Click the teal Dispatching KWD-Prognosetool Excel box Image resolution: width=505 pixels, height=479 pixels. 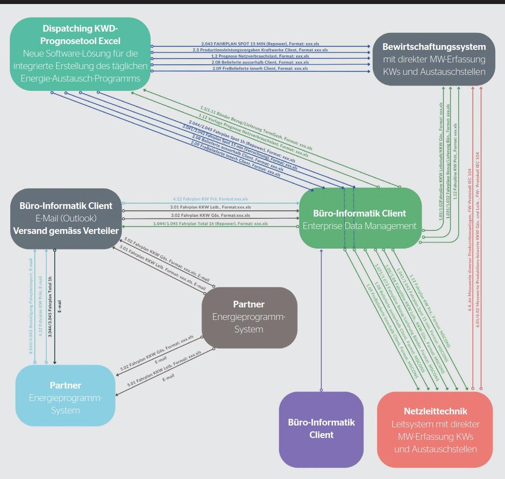point(80,54)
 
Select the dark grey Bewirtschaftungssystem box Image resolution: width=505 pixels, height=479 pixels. point(434,59)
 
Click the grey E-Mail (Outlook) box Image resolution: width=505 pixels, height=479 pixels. point(66,218)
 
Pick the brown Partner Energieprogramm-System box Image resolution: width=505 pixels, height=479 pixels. point(249,317)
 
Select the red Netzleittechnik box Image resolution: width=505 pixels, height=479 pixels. point(435,430)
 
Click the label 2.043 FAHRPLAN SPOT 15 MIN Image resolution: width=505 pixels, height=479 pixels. point(260,44)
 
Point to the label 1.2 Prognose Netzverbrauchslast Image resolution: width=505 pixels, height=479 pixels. point(260,57)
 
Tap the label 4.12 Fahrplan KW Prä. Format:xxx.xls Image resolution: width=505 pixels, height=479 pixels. point(210,199)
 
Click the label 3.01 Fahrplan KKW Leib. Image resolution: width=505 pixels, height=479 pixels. point(210,207)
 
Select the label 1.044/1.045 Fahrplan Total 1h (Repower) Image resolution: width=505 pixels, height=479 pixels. point(210,224)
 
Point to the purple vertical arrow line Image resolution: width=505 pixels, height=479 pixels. point(321,321)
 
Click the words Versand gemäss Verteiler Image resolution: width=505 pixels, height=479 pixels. point(66,231)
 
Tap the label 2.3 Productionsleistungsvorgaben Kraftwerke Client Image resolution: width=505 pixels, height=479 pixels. point(260,50)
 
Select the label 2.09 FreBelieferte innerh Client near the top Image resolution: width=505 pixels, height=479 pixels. point(260,69)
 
